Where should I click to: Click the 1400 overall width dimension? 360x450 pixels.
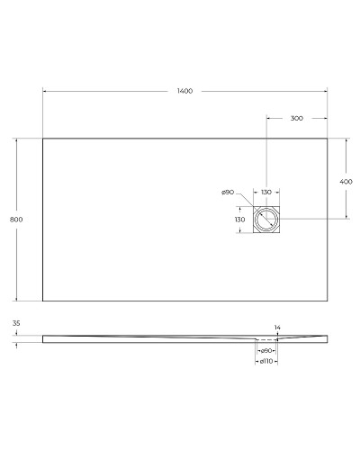click(x=185, y=92)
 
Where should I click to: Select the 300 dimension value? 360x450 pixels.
click(x=296, y=118)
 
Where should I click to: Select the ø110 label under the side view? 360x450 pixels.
click(x=266, y=361)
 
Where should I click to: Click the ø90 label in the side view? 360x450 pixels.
click(x=266, y=350)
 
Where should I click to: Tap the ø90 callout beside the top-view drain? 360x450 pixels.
click(x=229, y=193)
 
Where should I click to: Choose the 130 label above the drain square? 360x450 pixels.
click(x=266, y=193)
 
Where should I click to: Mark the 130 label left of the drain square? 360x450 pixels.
click(x=239, y=220)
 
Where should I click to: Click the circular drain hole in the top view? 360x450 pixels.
click(x=266, y=220)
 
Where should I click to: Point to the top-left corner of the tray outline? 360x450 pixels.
click(x=42, y=138)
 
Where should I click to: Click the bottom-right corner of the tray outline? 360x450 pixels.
click(x=326, y=301)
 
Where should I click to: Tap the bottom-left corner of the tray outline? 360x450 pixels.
click(x=42, y=301)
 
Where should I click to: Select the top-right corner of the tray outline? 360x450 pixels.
click(x=326, y=138)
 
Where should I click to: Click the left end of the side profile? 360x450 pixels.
click(x=43, y=338)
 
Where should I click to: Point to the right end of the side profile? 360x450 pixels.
click(x=326, y=338)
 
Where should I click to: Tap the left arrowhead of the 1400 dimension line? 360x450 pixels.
click(x=45, y=92)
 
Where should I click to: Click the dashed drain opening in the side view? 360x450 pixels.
click(x=266, y=341)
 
